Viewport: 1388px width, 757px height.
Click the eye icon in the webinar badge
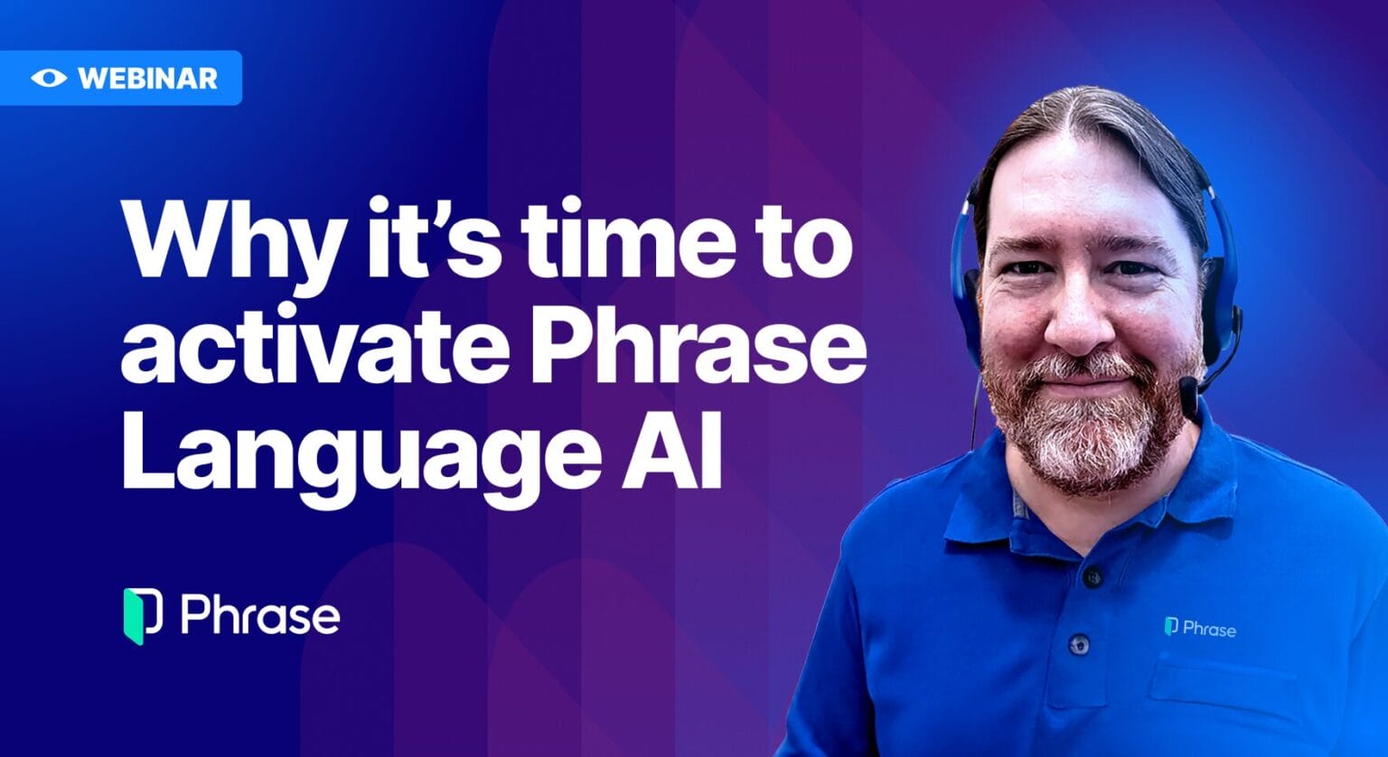(x=48, y=78)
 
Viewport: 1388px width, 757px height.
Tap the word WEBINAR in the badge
(x=147, y=78)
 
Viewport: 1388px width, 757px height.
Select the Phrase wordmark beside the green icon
(x=260, y=616)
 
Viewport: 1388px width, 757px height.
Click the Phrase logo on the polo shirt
(x=1199, y=627)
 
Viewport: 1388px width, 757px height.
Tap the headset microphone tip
(x=1189, y=388)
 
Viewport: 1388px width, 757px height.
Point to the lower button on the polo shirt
(x=1078, y=644)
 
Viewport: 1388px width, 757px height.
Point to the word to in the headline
(x=799, y=237)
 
